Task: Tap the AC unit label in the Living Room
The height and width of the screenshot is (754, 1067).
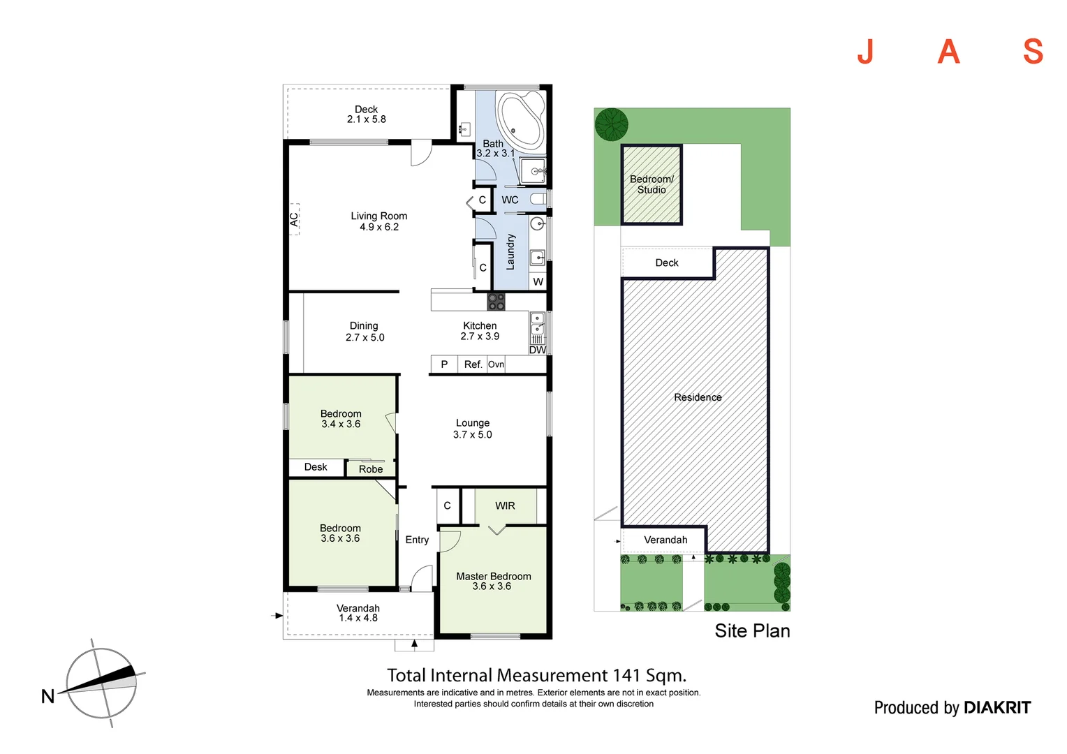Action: (294, 219)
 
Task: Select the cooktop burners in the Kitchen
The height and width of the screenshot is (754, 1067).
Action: (496, 302)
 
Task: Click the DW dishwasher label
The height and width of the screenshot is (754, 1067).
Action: (537, 350)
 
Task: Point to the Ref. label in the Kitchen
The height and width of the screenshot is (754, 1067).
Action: (473, 364)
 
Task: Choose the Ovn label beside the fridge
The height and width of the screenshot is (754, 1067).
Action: (496, 364)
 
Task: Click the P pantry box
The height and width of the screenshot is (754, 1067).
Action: (444, 364)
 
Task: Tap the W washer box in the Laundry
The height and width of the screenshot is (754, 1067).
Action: (538, 282)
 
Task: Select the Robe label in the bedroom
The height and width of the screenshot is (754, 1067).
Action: (371, 469)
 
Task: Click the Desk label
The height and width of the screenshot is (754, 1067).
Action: (316, 467)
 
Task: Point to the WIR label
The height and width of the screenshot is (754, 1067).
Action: (505, 505)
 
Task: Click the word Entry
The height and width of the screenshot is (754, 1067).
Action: (417, 540)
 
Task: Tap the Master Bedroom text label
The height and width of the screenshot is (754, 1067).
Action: (494, 577)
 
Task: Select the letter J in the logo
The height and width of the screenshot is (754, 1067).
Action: (865, 52)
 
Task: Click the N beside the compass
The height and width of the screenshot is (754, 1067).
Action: (47, 696)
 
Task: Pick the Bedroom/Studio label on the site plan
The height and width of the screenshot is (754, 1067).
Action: (652, 184)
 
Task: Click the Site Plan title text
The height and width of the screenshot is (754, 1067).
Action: (752, 631)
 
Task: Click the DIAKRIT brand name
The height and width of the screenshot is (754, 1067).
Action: (996, 708)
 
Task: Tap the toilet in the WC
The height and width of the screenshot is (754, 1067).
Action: (537, 200)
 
